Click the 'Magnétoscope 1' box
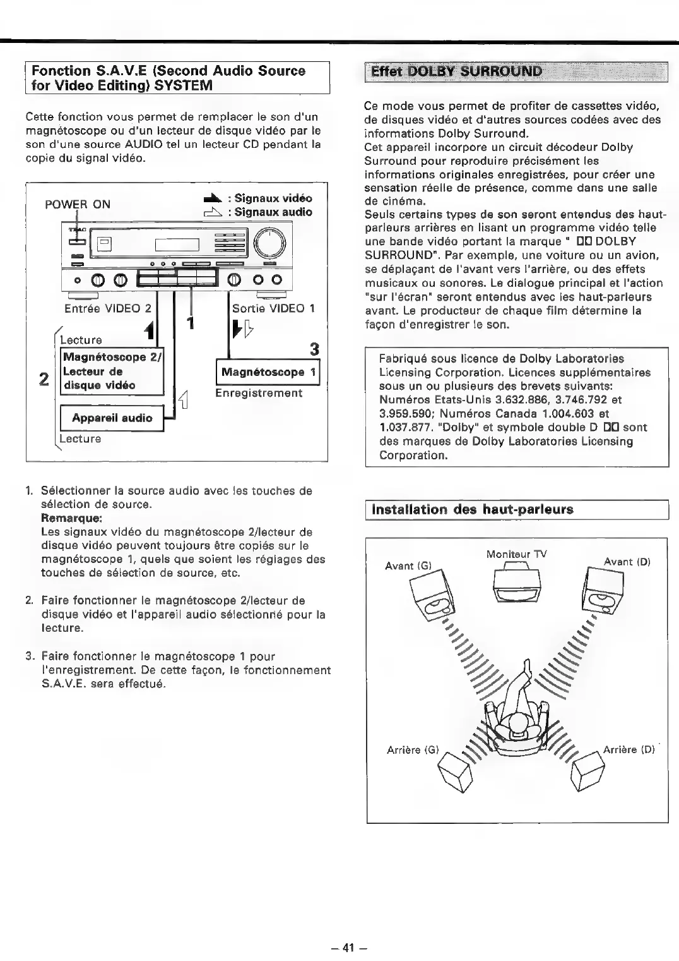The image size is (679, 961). tap(268, 372)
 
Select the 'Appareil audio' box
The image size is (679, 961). tap(112, 418)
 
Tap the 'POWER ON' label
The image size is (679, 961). tap(78, 204)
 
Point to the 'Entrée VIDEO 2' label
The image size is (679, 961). tap(108, 308)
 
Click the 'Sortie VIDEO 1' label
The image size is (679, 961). tap(273, 308)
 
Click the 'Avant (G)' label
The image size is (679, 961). tap(408, 565)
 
